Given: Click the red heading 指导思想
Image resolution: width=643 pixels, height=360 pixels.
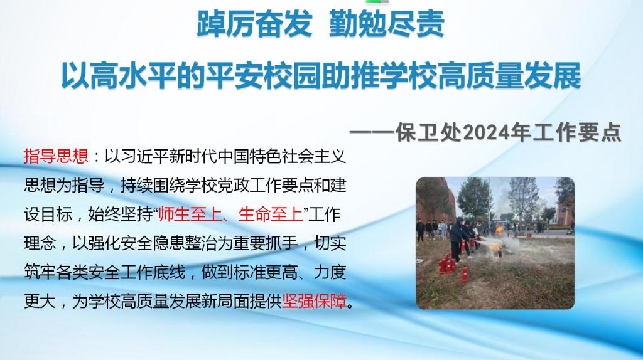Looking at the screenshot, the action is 56,156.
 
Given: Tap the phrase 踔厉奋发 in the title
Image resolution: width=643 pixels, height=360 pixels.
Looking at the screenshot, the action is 254,24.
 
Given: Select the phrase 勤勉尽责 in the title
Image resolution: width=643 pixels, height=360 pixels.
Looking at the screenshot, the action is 387,24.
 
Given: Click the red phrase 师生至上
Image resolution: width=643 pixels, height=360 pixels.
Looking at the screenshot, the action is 190,214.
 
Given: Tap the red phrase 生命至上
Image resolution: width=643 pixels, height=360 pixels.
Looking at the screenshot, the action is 270,214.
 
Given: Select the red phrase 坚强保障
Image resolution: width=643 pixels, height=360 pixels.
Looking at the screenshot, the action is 315,301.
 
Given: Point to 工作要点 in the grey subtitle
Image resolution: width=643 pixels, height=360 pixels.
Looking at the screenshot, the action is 578,133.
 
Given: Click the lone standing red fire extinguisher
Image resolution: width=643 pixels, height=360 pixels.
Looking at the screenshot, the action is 465,273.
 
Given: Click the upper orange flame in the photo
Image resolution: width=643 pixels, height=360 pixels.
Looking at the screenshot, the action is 499,231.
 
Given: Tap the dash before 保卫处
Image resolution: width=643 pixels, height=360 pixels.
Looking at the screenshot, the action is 372,133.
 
